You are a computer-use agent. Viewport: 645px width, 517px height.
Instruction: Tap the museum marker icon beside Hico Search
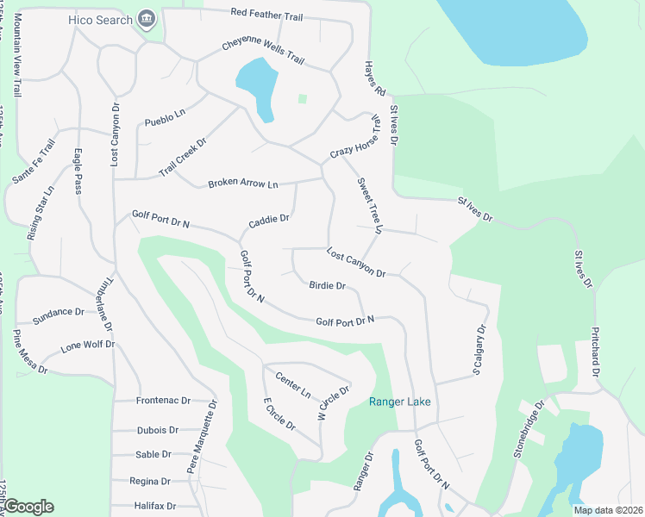(x=147, y=18)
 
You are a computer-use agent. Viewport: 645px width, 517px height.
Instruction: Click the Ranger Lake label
(x=399, y=402)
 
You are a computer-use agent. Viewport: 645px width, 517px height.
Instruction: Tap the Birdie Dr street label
(x=327, y=285)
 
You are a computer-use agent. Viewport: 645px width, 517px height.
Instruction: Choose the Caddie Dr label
(x=269, y=221)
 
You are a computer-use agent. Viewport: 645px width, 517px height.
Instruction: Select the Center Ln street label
(x=293, y=383)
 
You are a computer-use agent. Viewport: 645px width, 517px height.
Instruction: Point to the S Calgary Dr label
(x=479, y=350)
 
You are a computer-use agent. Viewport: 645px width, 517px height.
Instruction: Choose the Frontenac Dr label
(x=174, y=401)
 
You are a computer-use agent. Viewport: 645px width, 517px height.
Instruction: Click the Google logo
(x=28, y=506)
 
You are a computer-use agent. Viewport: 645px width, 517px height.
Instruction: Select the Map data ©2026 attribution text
(x=608, y=510)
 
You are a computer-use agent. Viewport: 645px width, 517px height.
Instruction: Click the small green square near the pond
(x=302, y=99)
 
